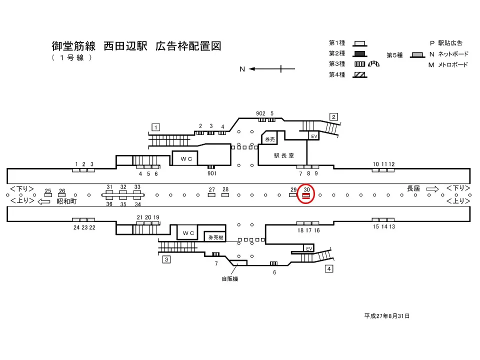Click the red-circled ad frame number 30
pyautogui.click(x=306, y=195)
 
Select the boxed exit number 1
pyautogui.click(x=156, y=127)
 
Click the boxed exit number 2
pyautogui.click(x=333, y=117)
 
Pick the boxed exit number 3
pyautogui.click(x=166, y=259)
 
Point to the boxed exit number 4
pyautogui.click(x=329, y=269)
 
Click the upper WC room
pyautogui.click(x=186, y=158)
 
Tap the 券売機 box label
pyautogui.click(x=216, y=237)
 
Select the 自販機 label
pyautogui.click(x=229, y=279)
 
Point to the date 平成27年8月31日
pyautogui.click(x=387, y=316)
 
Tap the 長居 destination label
pyautogui.click(x=413, y=188)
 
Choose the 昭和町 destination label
pyautogui.click(x=66, y=201)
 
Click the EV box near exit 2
pyautogui.click(x=314, y=136)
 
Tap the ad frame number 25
pyautogui.click(x=48, y=194)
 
